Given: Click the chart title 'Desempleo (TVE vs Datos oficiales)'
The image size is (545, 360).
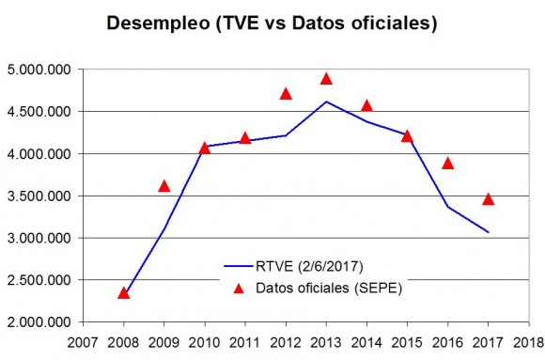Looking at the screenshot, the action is tap(272, 23).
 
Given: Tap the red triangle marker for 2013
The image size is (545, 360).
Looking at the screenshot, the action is tap(326, 79).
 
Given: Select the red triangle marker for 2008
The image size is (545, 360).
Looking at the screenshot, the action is tap(123, 293).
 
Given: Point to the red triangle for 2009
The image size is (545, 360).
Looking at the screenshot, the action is tap(164, 186).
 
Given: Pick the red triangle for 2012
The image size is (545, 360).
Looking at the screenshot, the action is tap(286, 94).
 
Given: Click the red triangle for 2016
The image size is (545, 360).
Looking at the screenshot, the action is tap(447, 164).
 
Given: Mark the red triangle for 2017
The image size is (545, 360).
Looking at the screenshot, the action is tap(488, 199).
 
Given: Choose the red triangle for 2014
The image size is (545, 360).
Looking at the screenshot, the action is tap(366, 105).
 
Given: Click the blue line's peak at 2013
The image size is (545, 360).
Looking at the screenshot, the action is tap(326, 102).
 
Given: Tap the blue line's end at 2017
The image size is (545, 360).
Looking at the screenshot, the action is tap(488, 232).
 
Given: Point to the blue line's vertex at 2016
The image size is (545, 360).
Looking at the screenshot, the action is tap(447, 207).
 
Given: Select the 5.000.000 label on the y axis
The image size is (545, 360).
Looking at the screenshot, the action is tap(39, 70).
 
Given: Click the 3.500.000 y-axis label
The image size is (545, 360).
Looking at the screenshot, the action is tap(39, 196).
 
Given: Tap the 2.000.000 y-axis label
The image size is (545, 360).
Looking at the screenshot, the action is tap(39, 322).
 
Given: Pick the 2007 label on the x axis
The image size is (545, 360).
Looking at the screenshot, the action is tap(83, 342).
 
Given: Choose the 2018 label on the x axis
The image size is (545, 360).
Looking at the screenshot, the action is tap(529, 342).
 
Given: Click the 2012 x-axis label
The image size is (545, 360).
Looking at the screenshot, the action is tap(286, 342).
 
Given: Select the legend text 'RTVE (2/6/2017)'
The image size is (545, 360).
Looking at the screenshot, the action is tap(309, 266).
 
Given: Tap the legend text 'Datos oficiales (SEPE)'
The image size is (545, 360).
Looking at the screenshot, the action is tap(329, 288).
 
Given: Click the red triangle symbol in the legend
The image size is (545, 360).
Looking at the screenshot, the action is tap(239, 289).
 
